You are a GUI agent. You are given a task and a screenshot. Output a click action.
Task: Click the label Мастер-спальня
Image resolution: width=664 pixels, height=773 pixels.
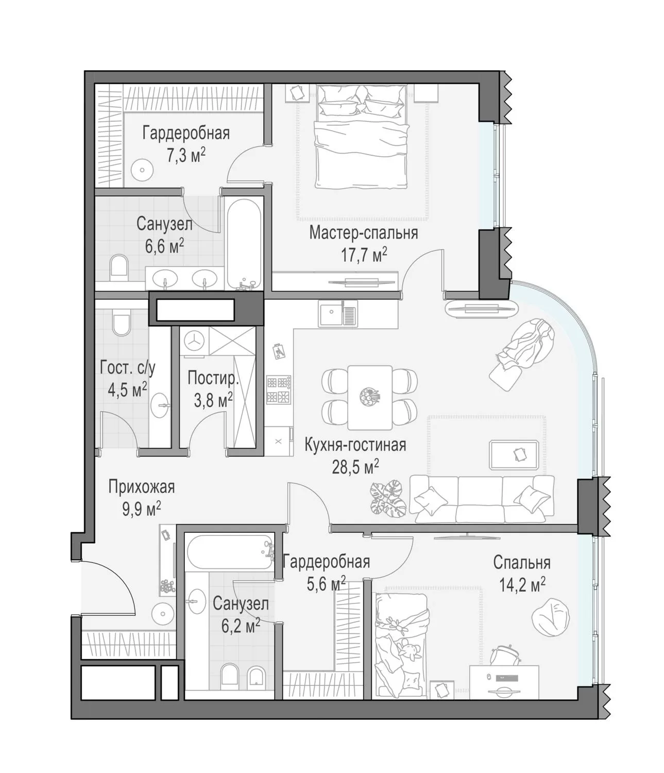(x=363, y=233)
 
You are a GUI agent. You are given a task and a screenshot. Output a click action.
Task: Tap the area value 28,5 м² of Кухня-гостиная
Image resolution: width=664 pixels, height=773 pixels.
(x=355, y=466)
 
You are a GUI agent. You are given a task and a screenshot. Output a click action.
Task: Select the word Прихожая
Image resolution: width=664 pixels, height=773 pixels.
(x=142, y=487)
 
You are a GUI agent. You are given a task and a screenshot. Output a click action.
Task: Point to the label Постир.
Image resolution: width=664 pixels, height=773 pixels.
(x=213, y=378)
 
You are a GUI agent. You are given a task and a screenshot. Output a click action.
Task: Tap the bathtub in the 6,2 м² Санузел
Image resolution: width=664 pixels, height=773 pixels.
(x=230, y=551)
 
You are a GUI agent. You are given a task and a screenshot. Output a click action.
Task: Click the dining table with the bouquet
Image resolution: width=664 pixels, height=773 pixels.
(x=370, y=397)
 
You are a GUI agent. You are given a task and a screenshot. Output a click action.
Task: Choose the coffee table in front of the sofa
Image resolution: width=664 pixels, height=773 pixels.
(x=514, y=455)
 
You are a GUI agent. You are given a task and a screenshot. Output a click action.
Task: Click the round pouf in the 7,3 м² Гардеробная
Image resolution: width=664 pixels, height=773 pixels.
(x=142, y=170)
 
